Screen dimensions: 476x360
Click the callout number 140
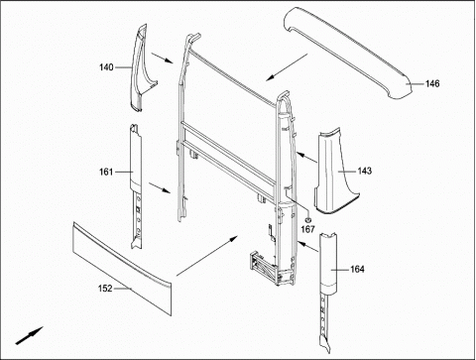tap(106, 67)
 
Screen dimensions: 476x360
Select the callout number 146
tap(432, 84)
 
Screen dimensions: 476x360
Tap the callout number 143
tap(364, 171)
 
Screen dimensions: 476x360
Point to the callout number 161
tap(106, 172)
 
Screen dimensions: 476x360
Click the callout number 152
tap(105, 289)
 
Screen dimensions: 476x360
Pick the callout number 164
tap(357, 270)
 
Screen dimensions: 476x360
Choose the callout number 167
tap(307, 229)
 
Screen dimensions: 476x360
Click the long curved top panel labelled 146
tap(347, 53)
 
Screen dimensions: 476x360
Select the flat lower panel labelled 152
tap(122, 268)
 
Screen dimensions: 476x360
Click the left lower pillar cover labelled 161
tap(136, 185)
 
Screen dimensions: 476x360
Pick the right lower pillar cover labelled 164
tap(328, 291)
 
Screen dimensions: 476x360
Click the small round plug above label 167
tap(308, 220)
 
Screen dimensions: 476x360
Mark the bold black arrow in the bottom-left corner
tap(29, 335)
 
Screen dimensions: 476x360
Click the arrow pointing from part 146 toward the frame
tap(287, 67)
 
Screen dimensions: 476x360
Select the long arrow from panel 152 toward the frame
tap(207, 256)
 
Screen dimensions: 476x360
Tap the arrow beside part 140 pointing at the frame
tap(162, 58)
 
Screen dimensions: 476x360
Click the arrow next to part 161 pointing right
tap(160, 187)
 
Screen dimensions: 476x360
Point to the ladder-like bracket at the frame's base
tap(263, 265)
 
